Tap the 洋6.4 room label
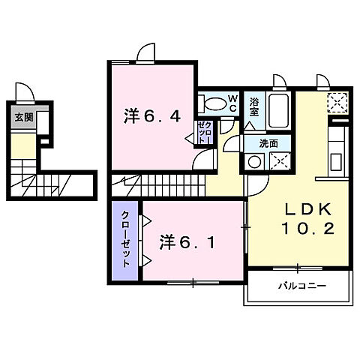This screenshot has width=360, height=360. click(x=150, y=116)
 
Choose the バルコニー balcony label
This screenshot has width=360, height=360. click(x=298, y=286)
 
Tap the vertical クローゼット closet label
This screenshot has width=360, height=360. click(x=127, y=239)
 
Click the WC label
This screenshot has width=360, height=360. click(x=232, y=102)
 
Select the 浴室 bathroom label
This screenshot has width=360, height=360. click(x=254, y=106)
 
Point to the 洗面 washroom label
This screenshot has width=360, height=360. click(x=268, y=142)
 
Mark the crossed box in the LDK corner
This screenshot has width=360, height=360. click(x=338, y=103)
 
